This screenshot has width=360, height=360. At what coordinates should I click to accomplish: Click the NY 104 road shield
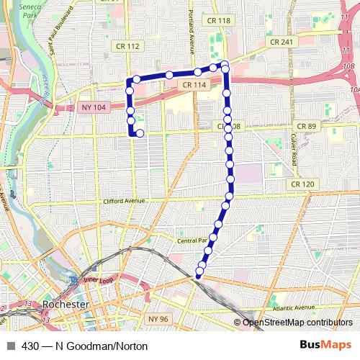(94, 107)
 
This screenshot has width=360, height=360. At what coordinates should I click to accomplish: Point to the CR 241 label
(281, 42)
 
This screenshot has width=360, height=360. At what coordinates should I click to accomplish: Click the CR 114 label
(194, 84)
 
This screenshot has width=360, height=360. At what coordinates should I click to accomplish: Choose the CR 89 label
(307, 126)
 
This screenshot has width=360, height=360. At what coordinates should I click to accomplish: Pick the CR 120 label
(303, 184)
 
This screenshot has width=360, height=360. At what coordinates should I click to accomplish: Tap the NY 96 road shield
(157, 318)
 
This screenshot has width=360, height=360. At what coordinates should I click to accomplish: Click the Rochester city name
(66, 305)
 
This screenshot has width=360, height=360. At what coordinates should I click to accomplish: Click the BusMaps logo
(330, 346)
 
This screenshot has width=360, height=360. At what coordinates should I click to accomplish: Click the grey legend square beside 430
(10, 346)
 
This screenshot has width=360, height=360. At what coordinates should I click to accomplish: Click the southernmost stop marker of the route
(199, 272)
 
